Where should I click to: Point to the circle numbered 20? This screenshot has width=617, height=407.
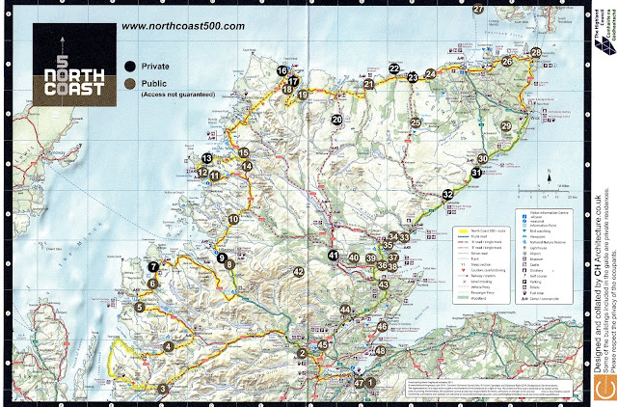pyautogui.click(x=336, y=120)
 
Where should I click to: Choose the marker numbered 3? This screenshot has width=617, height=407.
pyautogui.click(x=162, y=389)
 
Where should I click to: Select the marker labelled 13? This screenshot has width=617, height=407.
pyautogui.click(x=206, y=158)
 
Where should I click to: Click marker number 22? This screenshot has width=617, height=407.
pyautogui.click(x=394, y=68)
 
